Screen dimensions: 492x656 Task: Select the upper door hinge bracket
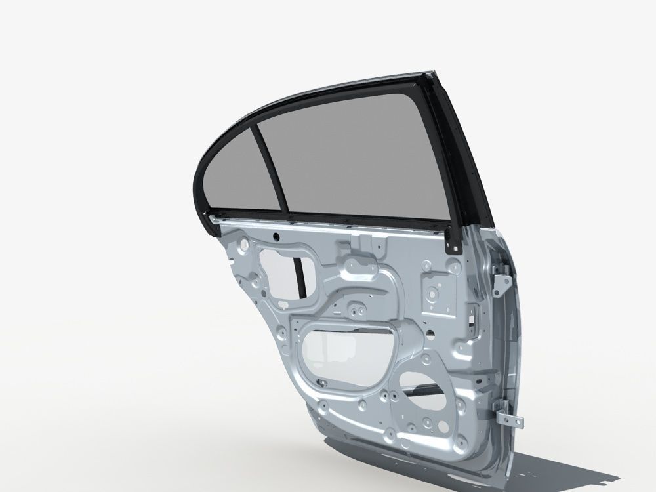coord(502,282)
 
